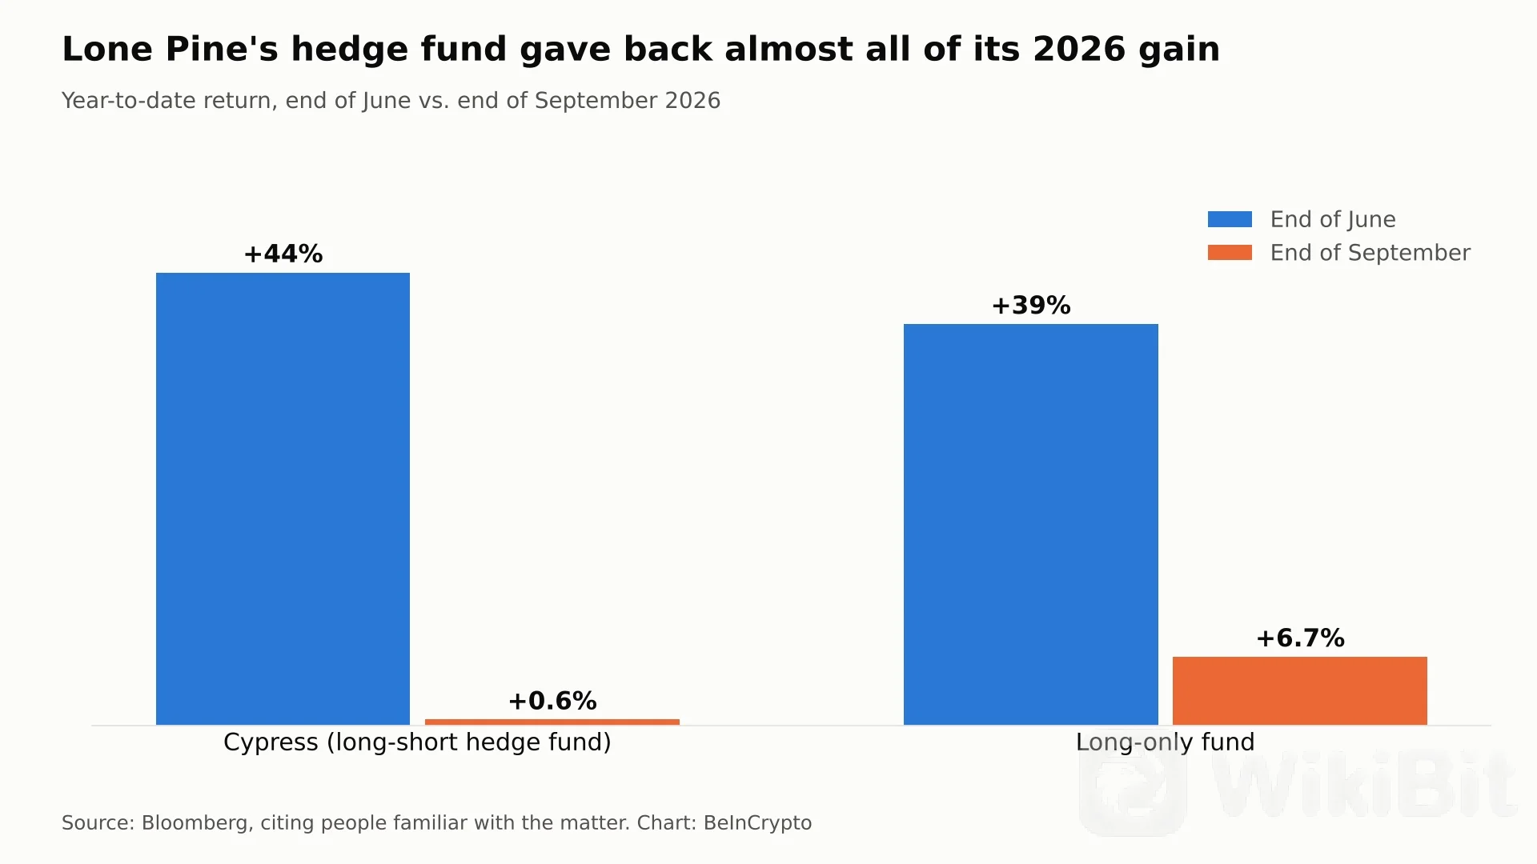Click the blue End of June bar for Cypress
point(283,498)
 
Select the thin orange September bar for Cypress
point(552,722)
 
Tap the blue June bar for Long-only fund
point(1031,524)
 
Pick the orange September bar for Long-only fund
point(1300,690)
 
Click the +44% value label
point(283,254)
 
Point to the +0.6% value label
point(552,701)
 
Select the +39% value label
point(1031,305)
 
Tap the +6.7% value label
point(1300,638)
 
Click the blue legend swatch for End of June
point(1230,219)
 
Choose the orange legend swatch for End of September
point(1230,253)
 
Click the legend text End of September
point(1370,253)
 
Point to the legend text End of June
point(1333,219)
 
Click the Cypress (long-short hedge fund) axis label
point(417,742)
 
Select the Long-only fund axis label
point(1166,742)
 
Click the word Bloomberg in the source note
point(195,823)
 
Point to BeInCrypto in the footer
point(757,823)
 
